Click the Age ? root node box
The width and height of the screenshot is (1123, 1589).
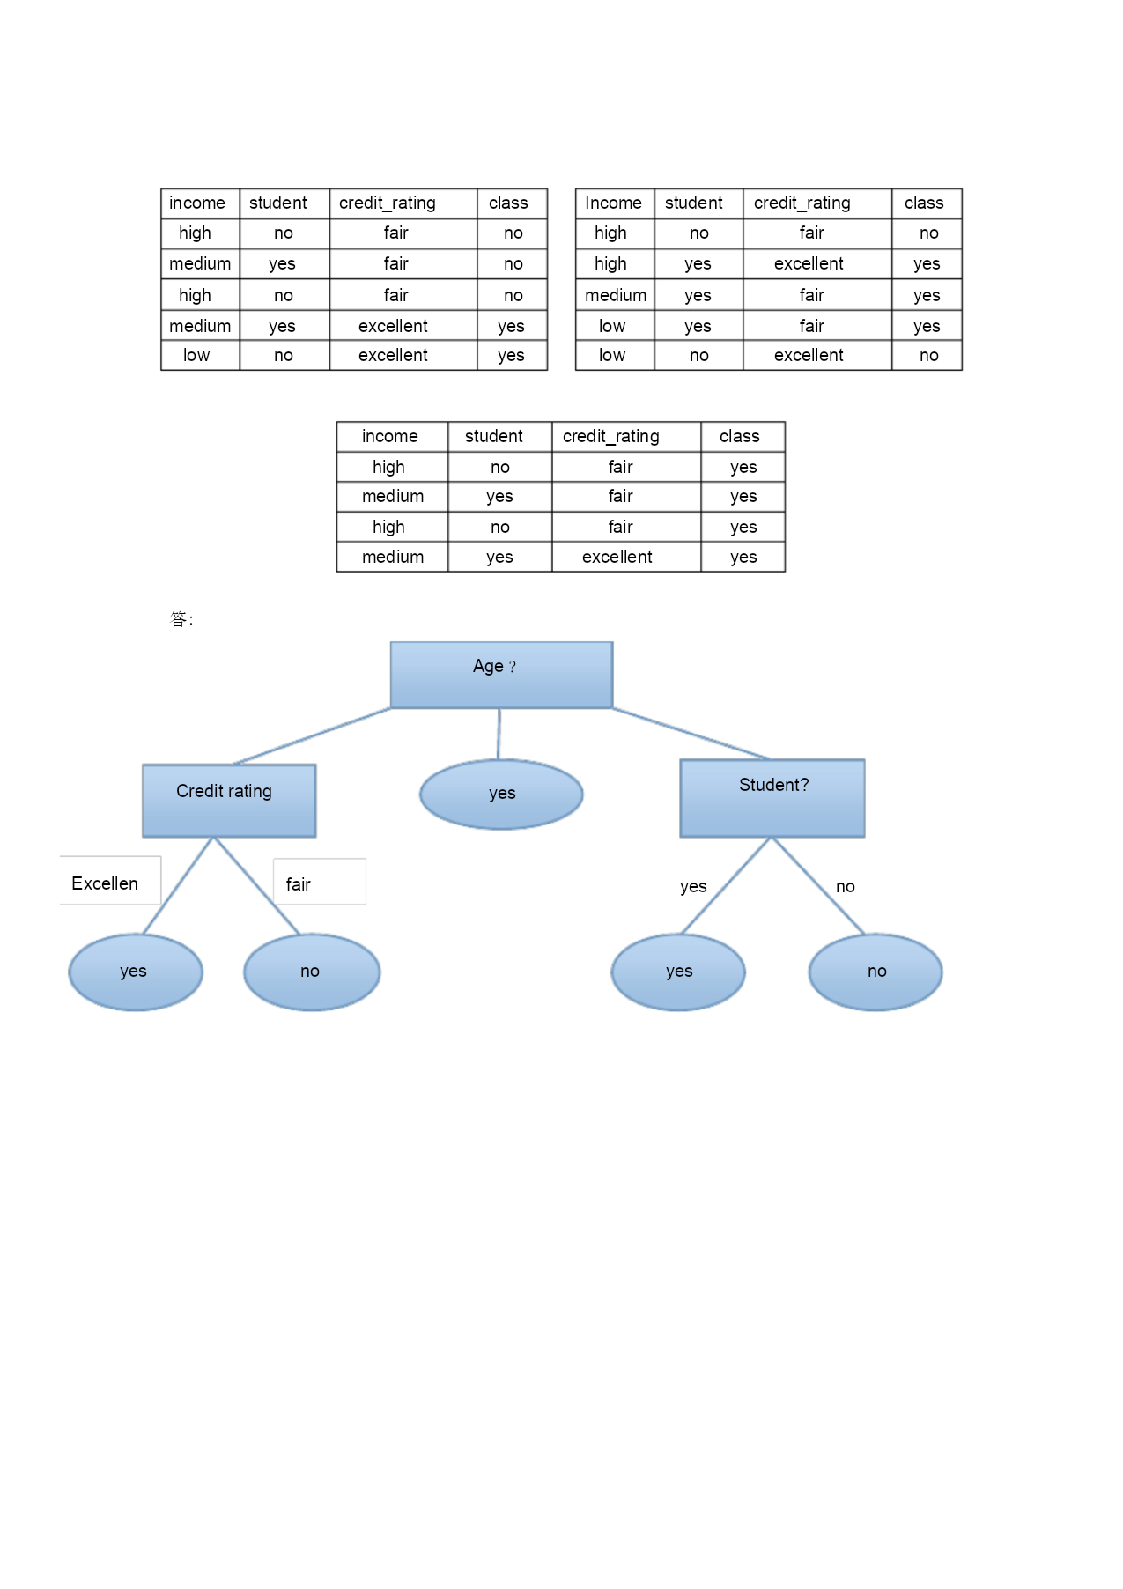pyautogui.click(x=501, y=675)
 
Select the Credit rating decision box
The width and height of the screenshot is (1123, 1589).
pyautogui.click(x=229, y=801)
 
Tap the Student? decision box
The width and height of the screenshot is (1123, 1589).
pyautogui.click(x=772, y=798)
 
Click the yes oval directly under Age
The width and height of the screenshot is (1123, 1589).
pyautogui.click(x=501, y=794)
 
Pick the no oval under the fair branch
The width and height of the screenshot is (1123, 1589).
pyautogui.click(x=312, y=972)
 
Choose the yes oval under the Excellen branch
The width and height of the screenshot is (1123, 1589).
pyautogui.click(x=136, y=972)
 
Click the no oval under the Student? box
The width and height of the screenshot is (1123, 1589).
pyautogui.click(x=875, y=972)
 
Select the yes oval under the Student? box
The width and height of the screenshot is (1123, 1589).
pyautogui.click(x=678, y=972)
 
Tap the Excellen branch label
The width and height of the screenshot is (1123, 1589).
pyautogui.click(x=105, y=883)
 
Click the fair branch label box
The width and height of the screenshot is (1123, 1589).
pyautogui.click(x=320, y=882)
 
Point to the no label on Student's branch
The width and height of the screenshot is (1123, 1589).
pyautogui.click(x=846, y=886)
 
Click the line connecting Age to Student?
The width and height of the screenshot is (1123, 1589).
pyautogui.click(x=691, y=733)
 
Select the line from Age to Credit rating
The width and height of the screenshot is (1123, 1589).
pyautogui.click(x=312, y=735)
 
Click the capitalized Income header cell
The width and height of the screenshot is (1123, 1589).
pyautogui.click(x=614, y=203)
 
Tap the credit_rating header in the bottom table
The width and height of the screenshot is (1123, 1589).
pyautogui.click(x=611, y=437)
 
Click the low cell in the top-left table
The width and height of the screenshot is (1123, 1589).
pyautogui.click(x=196, y=355)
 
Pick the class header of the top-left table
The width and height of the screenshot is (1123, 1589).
pyautogui.click(x=508, y=203)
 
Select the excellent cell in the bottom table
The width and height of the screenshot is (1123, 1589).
pyautogui.click(x=617, y=557)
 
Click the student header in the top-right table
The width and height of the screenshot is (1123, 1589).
pyautogui.click(x=694, y=203)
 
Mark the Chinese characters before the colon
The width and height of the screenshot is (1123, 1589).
pyautogui.click(x=178, y=619)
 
